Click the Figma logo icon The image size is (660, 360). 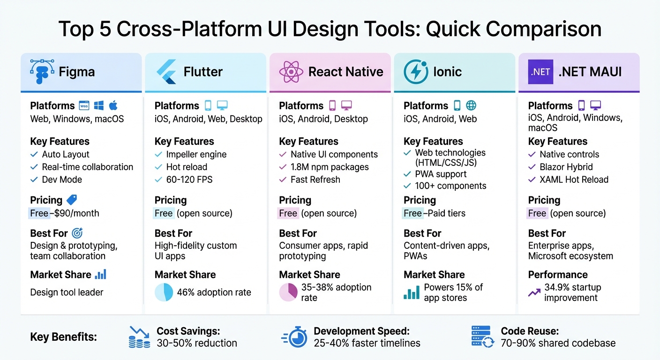coord(42,72)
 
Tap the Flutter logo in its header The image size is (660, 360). coord(166,72)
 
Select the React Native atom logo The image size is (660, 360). coord(291,72)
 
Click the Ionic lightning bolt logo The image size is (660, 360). coord(415,72)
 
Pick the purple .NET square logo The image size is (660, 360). coord(540,72)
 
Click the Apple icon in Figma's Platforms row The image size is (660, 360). coord(113,105)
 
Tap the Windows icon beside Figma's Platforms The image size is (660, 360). coord(98,105)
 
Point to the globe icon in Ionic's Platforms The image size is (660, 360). coord(471,105)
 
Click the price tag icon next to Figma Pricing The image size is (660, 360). coord(72,200)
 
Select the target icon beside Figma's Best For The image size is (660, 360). coord(77,233)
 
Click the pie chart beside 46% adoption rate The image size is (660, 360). coord(164,292)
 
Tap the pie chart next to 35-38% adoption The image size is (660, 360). coord(288,292)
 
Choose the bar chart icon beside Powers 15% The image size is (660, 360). coord(412,293)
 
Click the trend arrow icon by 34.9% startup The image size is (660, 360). coord(534,292)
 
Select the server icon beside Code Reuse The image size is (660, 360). coord(482,337)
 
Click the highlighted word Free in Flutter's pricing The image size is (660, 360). coord(164,213)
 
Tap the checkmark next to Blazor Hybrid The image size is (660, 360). coord(532,167)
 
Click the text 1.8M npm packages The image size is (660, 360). coord(330,167)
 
